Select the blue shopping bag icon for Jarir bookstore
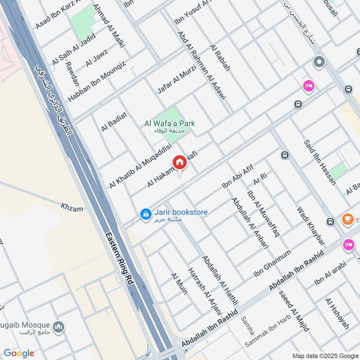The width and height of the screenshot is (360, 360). (145, 215)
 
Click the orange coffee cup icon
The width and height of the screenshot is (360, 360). (347, 219)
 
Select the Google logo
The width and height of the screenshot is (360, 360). (19, 353)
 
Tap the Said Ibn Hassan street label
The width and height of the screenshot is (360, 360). (320, 162)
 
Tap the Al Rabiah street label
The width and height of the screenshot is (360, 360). (220, 58)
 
